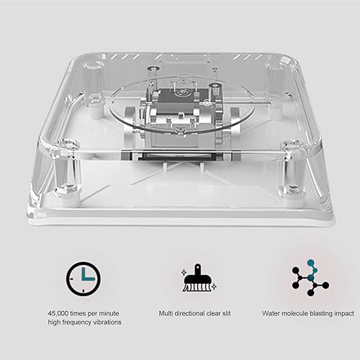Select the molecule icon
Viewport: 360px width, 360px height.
(x=310, y=277)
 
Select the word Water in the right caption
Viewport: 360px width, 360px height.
(x=272, y=314)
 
